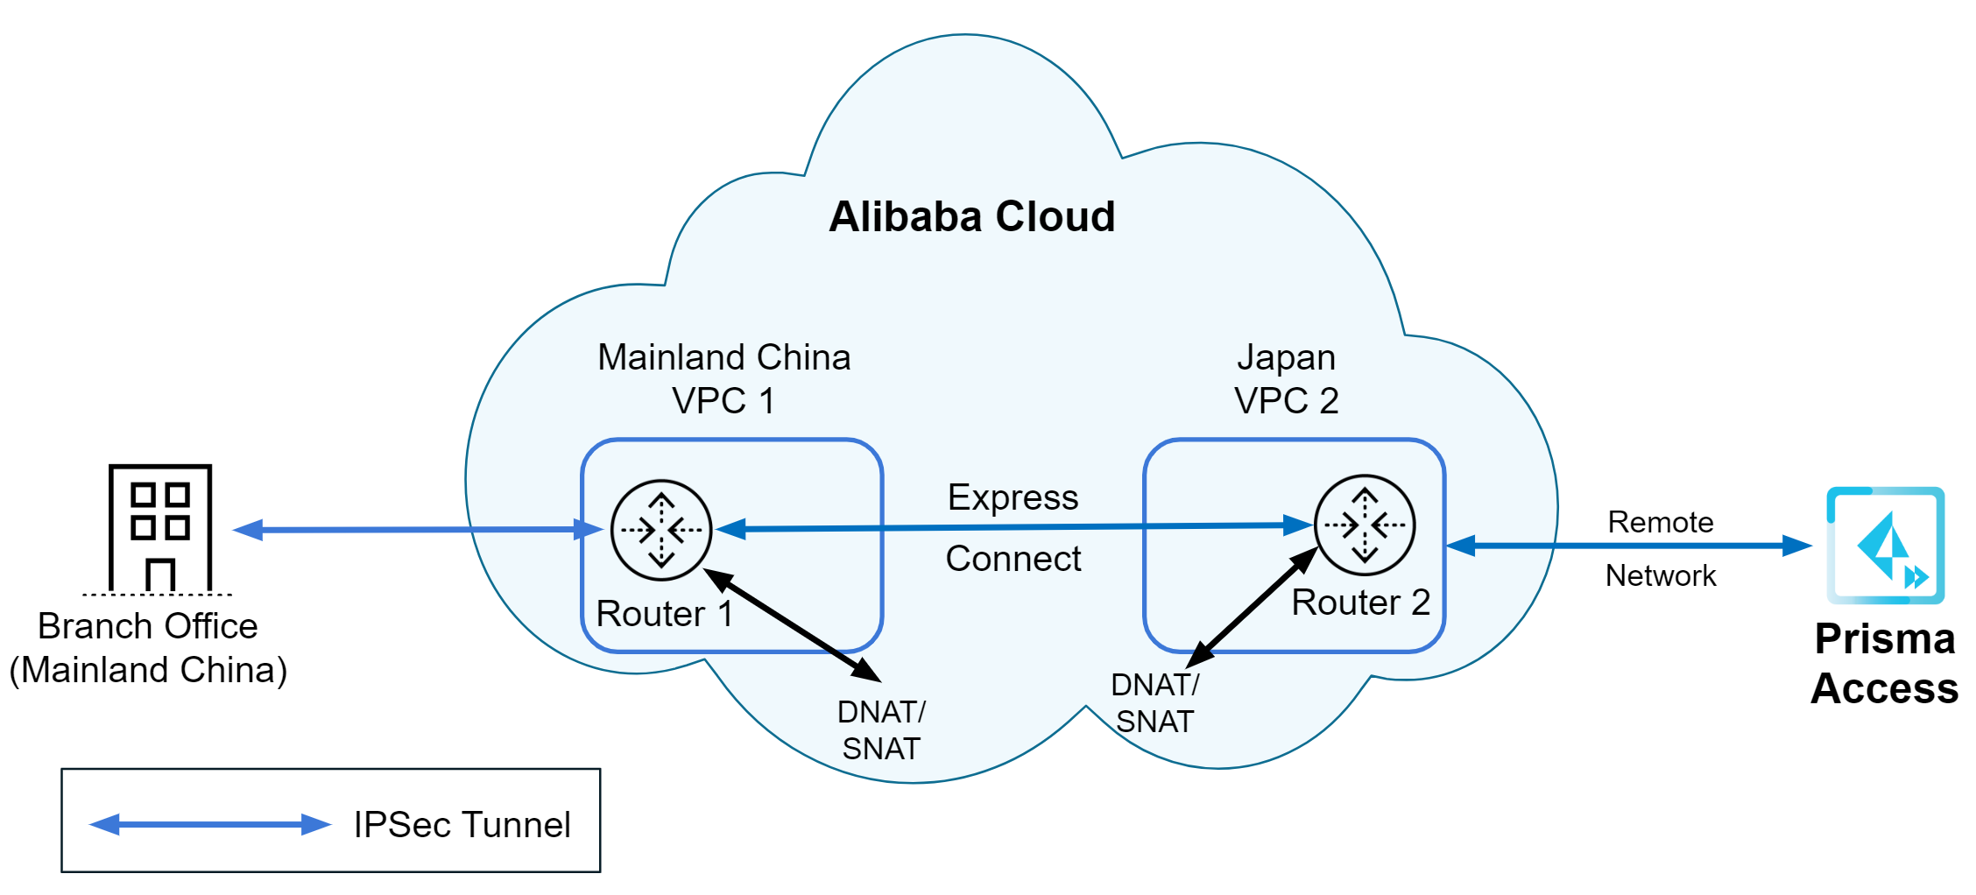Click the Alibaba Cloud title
(971, 216)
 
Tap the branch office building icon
(159, 528)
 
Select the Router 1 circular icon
(661, 530)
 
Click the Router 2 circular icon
(1364, 525)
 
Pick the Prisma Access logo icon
(1885, 546)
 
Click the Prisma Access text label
(1884, 664)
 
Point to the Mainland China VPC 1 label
(723, 378)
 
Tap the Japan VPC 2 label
(1286, 378)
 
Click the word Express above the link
(1013, 497)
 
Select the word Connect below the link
(1013, 559)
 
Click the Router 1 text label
(664, 614)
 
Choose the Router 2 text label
(1360, 603)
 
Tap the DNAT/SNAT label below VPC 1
(881, 730)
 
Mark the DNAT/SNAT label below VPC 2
(1154, 703)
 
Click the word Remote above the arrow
(1660, 522)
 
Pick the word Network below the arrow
(1660, 575)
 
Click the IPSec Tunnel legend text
(462, 825)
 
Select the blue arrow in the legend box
(210, 824)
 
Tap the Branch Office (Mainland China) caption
(148, 648)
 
